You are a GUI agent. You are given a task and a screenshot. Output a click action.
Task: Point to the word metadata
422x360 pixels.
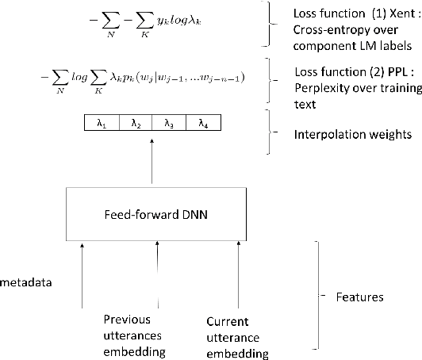pos(25,281)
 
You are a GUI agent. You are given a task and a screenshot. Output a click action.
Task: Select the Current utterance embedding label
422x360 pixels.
pos(236,336)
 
